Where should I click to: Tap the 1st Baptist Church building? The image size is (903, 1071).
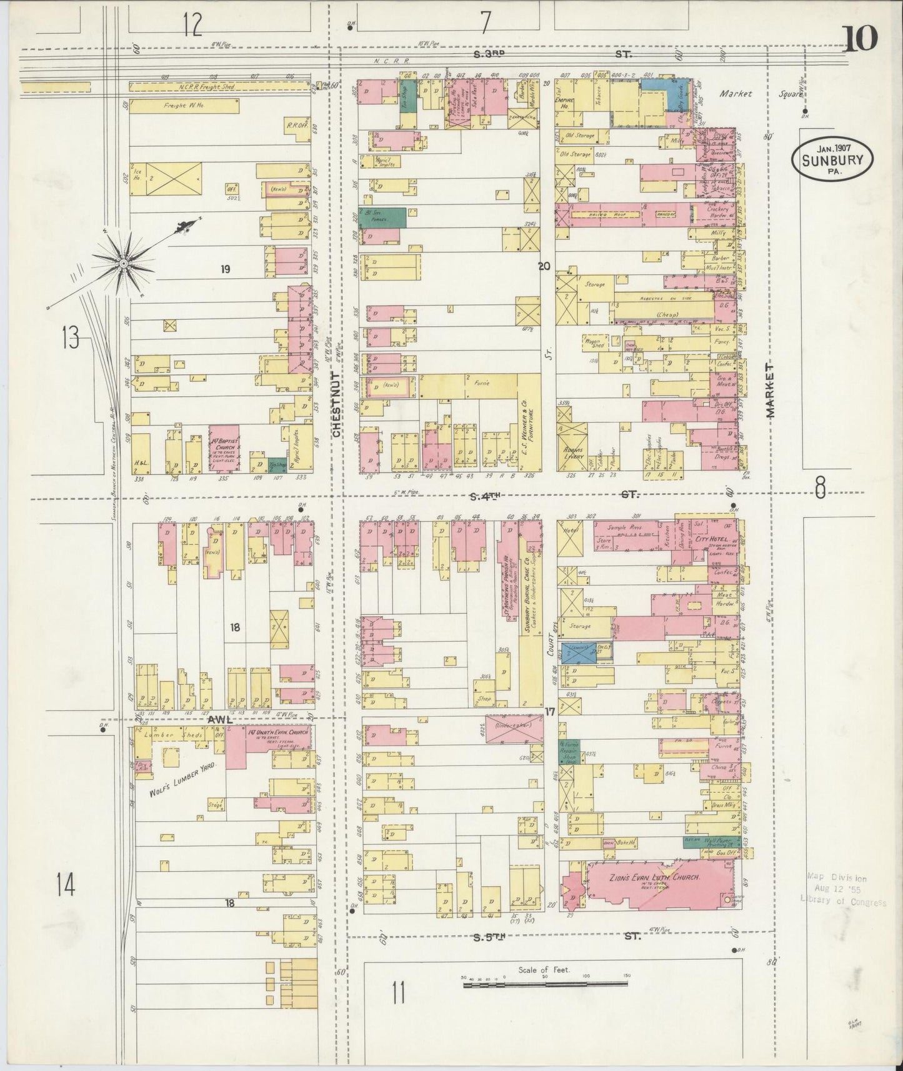click(224, 447)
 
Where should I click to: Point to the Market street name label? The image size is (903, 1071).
click(769, 392)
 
